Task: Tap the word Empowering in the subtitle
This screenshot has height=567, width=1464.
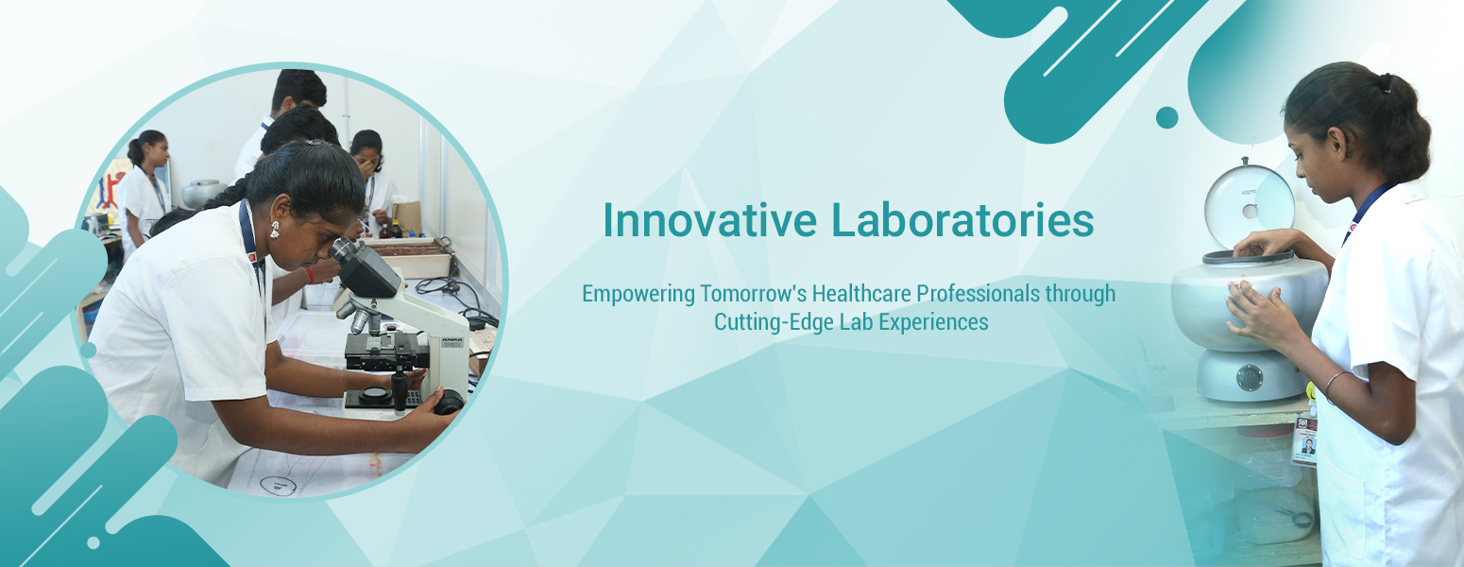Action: [638, 294]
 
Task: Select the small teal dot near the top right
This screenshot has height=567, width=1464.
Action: [1167, 117]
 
